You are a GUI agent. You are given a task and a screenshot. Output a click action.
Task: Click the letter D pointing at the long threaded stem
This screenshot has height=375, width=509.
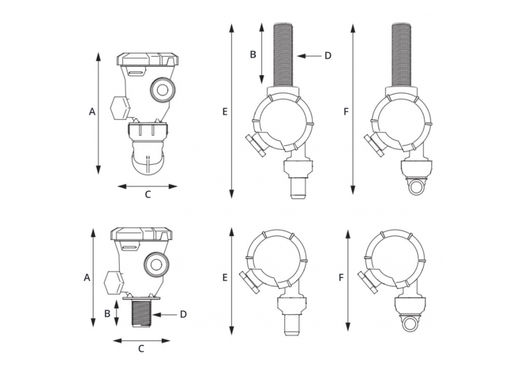coord(328,56)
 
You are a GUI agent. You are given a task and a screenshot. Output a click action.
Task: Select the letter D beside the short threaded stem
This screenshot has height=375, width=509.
coord(183,314)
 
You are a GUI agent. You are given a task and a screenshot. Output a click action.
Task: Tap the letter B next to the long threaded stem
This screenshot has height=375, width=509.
coord(253,55)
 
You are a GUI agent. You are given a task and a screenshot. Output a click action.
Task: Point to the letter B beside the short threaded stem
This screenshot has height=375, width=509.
coord(107,313)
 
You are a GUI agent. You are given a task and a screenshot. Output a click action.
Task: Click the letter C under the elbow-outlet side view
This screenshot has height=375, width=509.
coord(148,194)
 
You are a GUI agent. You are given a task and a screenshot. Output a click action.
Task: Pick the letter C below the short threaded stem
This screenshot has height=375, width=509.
coord(141,349)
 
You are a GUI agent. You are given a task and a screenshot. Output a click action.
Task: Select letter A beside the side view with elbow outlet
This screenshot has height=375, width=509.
coord(92,111)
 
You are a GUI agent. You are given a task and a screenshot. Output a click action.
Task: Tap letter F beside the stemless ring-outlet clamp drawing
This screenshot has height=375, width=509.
coord(341,277)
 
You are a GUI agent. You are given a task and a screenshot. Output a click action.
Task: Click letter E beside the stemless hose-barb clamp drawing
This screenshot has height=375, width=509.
coord(224,277)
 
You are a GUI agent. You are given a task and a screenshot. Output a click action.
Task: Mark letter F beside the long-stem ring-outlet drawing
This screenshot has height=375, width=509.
coord(346,111)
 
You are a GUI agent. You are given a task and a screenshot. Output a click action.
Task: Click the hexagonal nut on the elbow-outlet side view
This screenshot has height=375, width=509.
coord(120,108)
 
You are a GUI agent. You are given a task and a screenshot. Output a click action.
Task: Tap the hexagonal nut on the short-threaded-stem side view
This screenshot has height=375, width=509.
coord(114,283)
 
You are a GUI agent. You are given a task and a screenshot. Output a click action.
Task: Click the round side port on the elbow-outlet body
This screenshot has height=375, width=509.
coord(163,90)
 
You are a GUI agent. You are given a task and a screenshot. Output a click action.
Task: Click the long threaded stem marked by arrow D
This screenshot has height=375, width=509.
coord(283,55)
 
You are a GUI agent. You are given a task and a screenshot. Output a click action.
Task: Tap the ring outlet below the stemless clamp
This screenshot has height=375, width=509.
coord(410,324)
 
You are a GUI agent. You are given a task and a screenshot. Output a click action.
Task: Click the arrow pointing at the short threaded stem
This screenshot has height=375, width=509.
coord(164,314)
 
